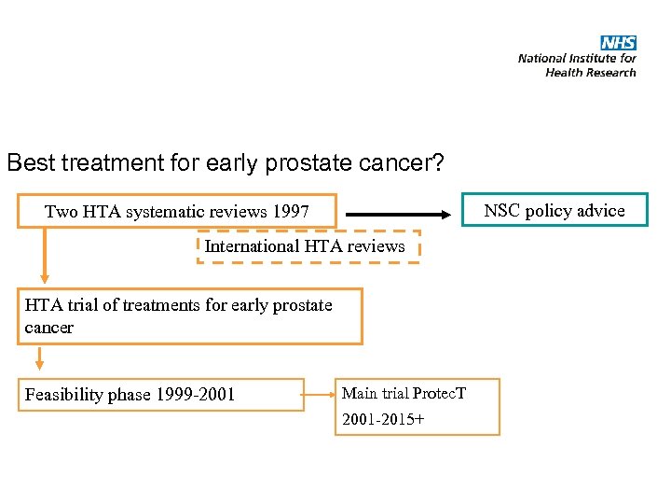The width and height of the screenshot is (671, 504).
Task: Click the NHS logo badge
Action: pyautogui.click(x=618, y=43)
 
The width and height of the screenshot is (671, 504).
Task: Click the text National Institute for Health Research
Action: pyautogui.click(x=577, y=64)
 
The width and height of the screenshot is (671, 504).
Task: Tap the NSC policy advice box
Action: pyautogui.click(x=555, y=210)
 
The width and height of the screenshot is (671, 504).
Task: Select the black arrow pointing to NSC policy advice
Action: pyautogui.click(x=402, y=212)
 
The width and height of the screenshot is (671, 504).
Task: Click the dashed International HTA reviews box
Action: pyautogui.click(x=308, y=246)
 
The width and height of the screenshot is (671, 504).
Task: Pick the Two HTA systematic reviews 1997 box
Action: pyautogui.click(x=177, y=212)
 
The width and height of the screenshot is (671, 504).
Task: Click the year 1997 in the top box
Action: pyautogui.click(x=291, y=212)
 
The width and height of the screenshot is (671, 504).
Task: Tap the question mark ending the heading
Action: pyautogui.click(x=436, y=162)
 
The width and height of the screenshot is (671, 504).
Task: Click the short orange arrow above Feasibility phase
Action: pyautogui.click(x=39, y=357)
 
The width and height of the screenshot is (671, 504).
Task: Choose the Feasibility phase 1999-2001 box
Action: pyautogui.click(x=160, y=395)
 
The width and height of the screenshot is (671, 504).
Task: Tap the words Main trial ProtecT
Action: pyautogui.click(x=404, y=393)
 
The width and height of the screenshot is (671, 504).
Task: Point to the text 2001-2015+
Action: pyautogui.click(x=383, y=419)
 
